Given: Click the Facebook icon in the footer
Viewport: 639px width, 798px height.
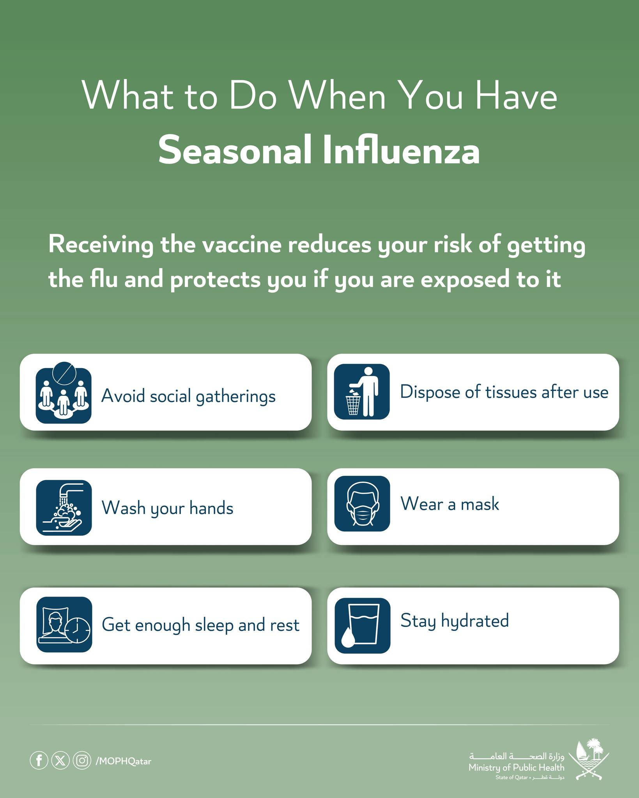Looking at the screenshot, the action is [39, 761].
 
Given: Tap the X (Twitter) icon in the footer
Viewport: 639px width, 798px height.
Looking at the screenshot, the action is [60, 761].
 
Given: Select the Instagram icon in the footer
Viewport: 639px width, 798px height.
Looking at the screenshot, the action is [82, 761].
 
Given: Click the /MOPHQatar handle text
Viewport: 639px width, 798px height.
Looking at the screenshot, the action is [123, 761].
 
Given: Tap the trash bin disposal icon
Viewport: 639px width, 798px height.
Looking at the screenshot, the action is [362, 392].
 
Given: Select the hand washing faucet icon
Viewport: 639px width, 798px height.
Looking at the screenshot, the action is [64, 507].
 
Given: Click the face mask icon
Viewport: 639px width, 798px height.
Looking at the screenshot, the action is [362, 503].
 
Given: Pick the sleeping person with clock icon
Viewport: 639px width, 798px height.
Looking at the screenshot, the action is [64, 624].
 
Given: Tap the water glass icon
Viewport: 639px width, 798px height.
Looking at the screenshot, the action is [363, 625].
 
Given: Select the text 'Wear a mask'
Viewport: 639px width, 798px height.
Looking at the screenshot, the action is [450, 504].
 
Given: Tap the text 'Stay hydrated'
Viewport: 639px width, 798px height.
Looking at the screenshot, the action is [455, 621].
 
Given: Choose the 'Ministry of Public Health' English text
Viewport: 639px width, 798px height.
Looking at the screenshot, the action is [517, 768].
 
